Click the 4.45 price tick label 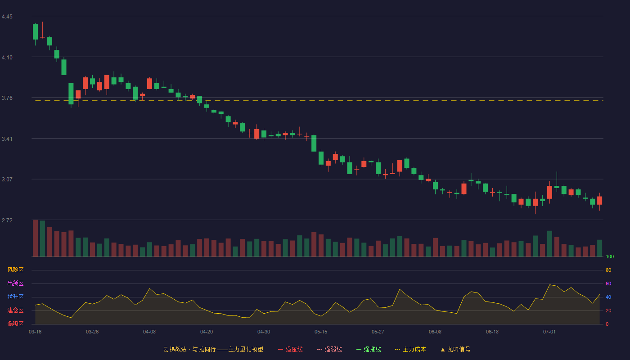click(x=7, y=17)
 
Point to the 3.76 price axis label click(x=7, y=98)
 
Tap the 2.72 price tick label click(x=7, y=220)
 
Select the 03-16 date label click(x=35, y=332)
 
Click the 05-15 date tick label click(x=321, y=332)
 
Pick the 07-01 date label click(x=549, y=332)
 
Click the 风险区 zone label click(x=15, y=270)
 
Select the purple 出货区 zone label click(x=15, y=283)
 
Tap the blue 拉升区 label click(x=15, y=297)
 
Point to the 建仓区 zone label click(x=15, y=310)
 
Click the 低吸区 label click(x=15, y=324)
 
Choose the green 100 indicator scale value click(x=610, y=256)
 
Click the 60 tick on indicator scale click(x=608, y=283)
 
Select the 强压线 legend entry click(x=290, y=349)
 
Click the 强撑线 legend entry click(x=369, y=349)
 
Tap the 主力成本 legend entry click(x=410, y=349)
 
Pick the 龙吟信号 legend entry click(x=455, y=349)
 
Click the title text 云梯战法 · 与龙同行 click(x=189, y=349)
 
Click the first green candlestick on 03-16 click(x=35, y=32)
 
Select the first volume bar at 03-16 click(x=35, y=238)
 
